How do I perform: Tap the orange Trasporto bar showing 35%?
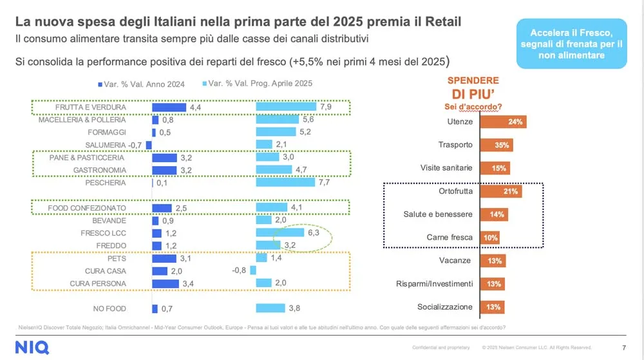coord(497,145)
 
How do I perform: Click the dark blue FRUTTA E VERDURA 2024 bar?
coord(169,107)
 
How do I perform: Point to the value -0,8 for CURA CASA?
coord(238,270)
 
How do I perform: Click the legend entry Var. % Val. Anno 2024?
coord(141,84)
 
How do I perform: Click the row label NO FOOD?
coord(109,308)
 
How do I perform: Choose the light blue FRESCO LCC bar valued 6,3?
coord(279,232)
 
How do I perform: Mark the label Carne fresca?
coord(450,238)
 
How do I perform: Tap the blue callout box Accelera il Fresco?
coord(572,44)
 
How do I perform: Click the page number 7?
coord(624,347)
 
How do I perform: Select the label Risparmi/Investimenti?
coord(435,284)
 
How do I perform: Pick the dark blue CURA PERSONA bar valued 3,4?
coord(165,283)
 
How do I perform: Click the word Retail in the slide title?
coord(440,23)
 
